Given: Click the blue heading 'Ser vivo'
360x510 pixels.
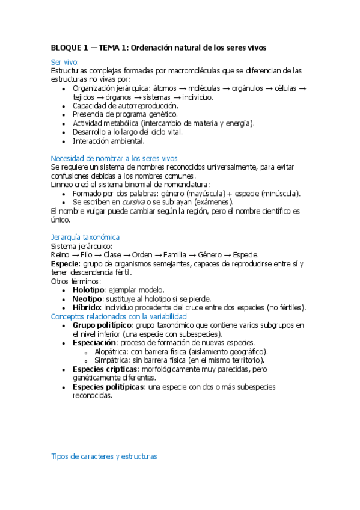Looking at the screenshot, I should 64,62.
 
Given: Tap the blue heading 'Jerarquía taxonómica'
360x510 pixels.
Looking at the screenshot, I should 85,237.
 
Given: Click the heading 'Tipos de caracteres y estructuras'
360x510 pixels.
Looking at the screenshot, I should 104,456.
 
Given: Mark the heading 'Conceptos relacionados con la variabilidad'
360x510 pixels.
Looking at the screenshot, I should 119,316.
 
